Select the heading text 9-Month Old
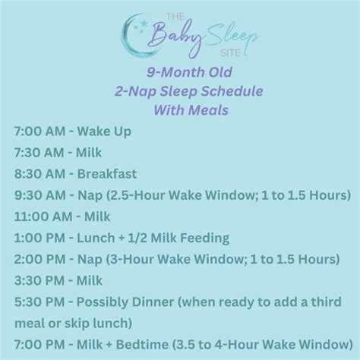(x=180, y=74)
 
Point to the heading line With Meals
(x=180, y=110)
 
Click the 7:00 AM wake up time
(x=37, y=132)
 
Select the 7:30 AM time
(x=37, y=153)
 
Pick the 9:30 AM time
(x=37, y=195)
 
